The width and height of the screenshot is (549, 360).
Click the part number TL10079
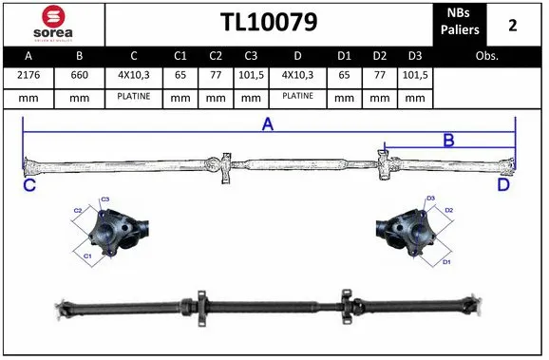click(x=269, y=22)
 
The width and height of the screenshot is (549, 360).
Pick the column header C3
click(x=250, y=56)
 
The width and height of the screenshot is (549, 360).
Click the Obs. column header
click(x=487, y=56)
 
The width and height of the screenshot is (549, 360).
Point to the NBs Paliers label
click(x=459, y=23)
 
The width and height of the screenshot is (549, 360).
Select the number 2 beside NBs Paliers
click(x=513, y=24)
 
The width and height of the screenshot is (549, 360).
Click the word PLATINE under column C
click(x=134, y=97)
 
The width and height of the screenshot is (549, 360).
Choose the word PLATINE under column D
click(x=297, y=97)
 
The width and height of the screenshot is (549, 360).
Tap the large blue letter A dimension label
click(x=268, y=124)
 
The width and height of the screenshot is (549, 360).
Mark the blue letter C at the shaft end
click(x=29, y=186)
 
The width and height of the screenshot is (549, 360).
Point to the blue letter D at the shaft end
click(x=503, y=186)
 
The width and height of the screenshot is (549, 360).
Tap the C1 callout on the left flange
click(x=87, y=256)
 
